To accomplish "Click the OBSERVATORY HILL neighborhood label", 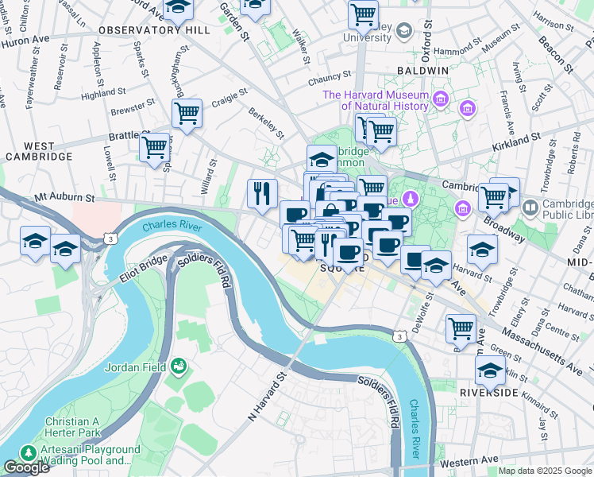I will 154,29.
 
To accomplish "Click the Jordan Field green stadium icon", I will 179,366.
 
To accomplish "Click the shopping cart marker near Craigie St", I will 187,113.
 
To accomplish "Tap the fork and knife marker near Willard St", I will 261,192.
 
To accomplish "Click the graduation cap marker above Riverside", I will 490,370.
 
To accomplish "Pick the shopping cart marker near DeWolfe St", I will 461,327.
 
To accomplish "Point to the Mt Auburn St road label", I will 65,196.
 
